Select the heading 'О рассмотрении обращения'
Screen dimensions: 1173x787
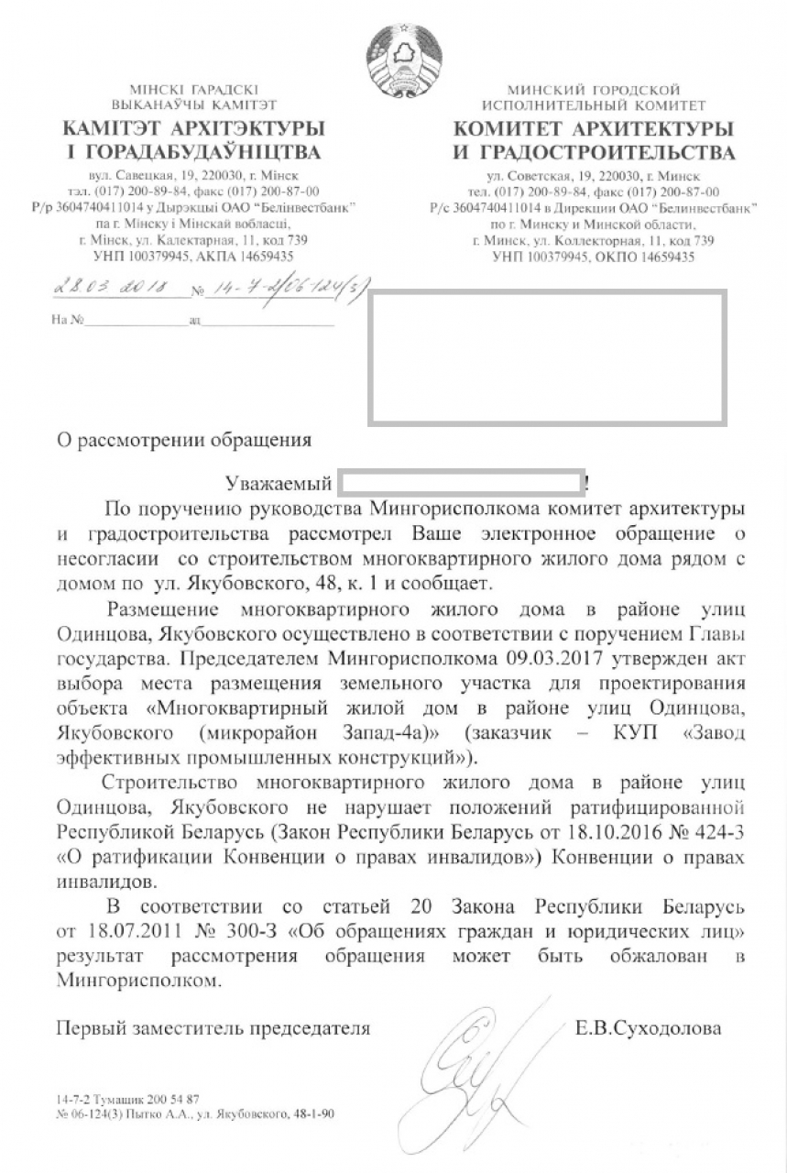pos(184,440)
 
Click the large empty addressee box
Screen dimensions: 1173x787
pos(547,357)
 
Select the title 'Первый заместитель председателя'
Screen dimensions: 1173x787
pos(213,1028)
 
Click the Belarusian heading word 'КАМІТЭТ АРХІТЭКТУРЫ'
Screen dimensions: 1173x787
pos(192,126)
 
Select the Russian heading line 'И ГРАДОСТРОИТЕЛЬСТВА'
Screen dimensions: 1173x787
pos(594,151)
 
